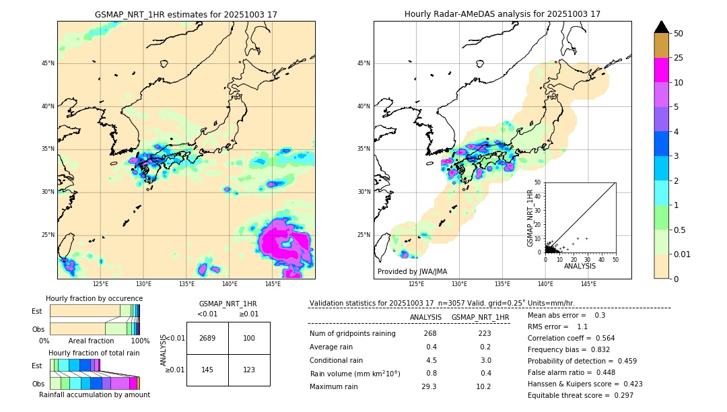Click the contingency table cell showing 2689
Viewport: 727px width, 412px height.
point(207,338)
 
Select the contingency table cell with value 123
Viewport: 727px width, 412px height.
point(249,370)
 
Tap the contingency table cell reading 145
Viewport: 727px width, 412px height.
point(207,370)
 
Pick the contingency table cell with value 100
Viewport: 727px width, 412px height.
point(249,338)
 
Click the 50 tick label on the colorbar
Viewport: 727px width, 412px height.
point(679,34)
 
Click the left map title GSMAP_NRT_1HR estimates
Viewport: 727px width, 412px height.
point(186,14)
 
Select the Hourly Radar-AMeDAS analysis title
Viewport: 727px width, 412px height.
point(502,14)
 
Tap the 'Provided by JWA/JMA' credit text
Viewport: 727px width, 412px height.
point(412,272)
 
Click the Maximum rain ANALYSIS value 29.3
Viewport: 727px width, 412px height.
point(429,386)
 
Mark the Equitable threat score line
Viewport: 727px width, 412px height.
point(580,395)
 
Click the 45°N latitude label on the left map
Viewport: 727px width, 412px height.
point(48,63)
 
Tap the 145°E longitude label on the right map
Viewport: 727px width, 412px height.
point(588,284)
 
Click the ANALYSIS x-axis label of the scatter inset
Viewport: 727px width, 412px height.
point(580,266)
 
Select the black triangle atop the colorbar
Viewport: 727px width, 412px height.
point(662,27)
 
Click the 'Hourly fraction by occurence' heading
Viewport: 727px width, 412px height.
point(94,298)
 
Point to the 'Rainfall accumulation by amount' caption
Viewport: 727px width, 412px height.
point(94,394)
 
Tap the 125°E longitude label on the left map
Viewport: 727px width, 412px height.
point(100,284)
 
